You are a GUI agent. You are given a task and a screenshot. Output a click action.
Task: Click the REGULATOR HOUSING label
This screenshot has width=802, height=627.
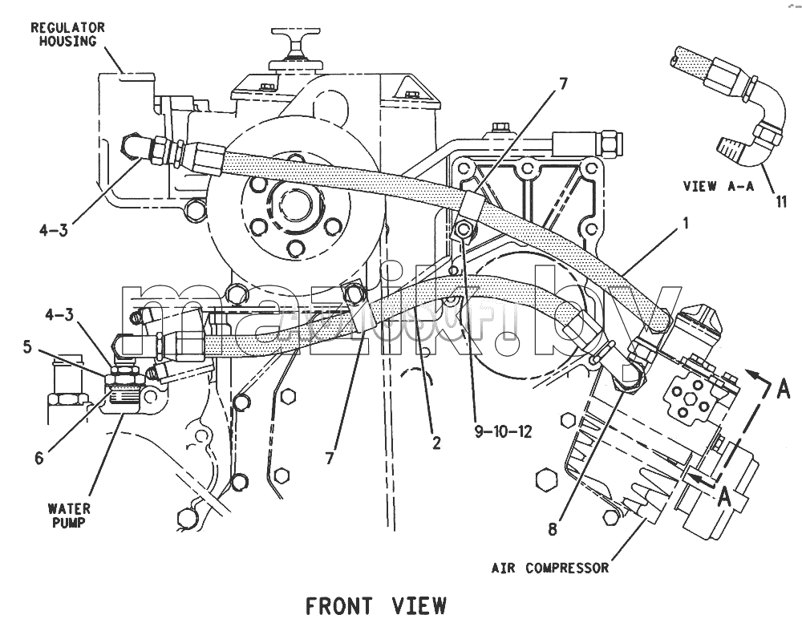pos(67,34)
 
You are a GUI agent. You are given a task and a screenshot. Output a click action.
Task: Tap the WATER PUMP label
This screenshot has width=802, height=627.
pos(69,516)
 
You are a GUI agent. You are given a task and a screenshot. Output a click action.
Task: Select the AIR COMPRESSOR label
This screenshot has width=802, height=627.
pos(550,568)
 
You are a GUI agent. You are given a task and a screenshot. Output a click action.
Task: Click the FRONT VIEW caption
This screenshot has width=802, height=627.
pos(376,606)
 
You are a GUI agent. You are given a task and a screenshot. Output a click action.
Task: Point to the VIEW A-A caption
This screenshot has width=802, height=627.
pos(719,186)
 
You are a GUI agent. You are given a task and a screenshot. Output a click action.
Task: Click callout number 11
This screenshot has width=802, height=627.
pos(781,201)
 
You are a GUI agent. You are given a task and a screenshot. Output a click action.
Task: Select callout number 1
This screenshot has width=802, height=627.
pos(686,223)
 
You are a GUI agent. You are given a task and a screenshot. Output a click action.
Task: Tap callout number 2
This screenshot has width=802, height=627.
pos(436,443)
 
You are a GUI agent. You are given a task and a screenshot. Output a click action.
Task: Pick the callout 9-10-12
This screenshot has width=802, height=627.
pos(504,431)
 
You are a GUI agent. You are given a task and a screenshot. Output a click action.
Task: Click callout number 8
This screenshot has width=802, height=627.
pos(553,529)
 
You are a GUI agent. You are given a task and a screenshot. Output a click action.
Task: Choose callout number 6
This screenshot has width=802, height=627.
pos(39,458)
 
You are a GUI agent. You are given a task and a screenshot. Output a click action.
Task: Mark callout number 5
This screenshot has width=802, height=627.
pos(27,347)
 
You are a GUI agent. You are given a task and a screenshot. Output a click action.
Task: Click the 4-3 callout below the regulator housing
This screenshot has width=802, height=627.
pos(54,231)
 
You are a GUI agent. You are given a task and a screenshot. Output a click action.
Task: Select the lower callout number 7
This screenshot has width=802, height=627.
pos(330,458)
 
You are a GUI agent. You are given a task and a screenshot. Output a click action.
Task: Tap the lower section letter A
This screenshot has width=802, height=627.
pos(723,496)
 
